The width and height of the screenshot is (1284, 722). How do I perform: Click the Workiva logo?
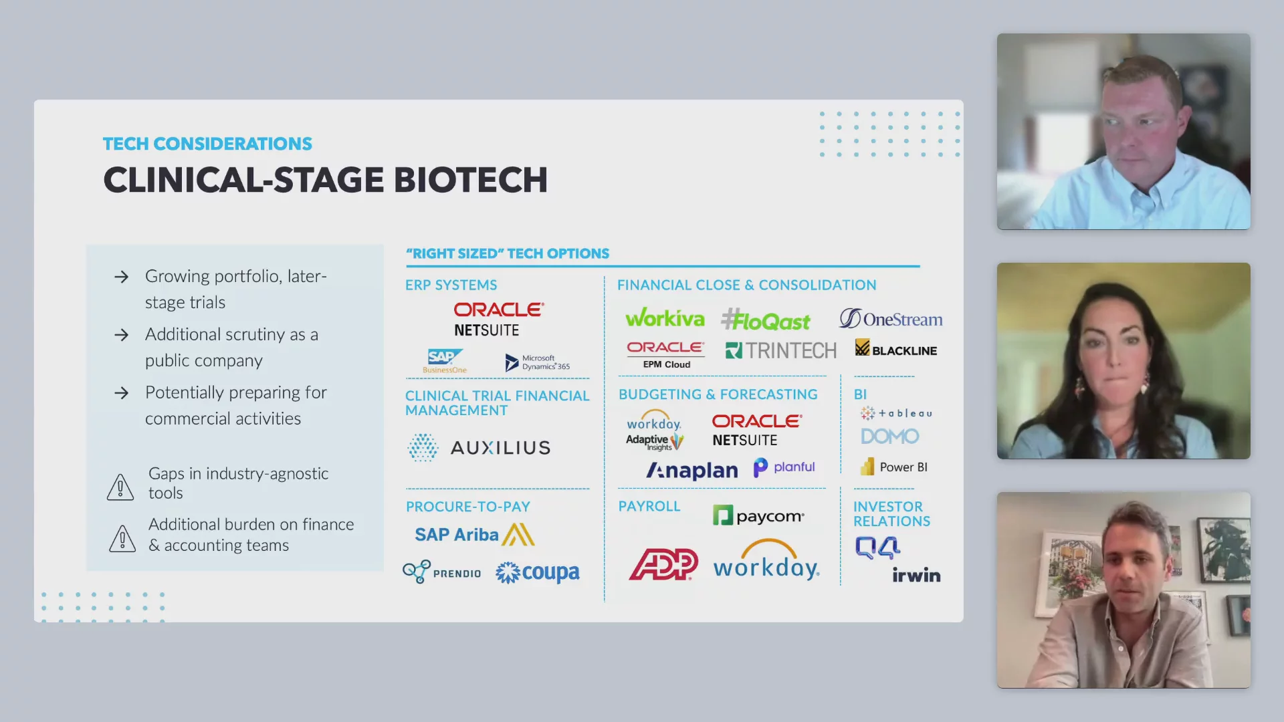pos(665,318)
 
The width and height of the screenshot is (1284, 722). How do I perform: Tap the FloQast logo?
pos(766,320)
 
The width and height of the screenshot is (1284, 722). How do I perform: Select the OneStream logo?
pos(891,319)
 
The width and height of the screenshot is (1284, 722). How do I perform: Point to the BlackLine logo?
pos(896,348)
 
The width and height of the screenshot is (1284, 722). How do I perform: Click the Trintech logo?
pos(781,350)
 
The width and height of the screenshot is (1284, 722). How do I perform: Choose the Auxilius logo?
pos(479,447)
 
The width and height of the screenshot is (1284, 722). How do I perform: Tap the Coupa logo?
pos(538,572)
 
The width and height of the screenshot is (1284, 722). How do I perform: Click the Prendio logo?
pos(441,572)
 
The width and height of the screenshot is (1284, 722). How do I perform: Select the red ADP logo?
pos(663,564)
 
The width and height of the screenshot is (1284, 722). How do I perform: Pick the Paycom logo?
pos(758,515)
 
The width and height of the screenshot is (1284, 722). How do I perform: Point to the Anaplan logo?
pos(691,471)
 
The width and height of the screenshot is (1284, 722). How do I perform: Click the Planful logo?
pos(784,467)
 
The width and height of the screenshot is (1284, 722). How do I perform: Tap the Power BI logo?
pos(894,467)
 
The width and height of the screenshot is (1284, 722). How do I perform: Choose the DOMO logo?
pos(890,437)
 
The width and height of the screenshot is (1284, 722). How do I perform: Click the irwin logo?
pos(916,575)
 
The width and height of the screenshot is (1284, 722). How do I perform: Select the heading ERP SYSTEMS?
pos(451,285)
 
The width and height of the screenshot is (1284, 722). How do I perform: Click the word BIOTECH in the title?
pos(471,180)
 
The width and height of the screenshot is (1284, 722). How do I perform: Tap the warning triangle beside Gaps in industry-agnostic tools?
pos(120,487)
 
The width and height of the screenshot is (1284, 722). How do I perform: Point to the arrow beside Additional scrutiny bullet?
pos(121,334)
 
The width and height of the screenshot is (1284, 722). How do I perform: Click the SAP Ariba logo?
pos(475,535)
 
